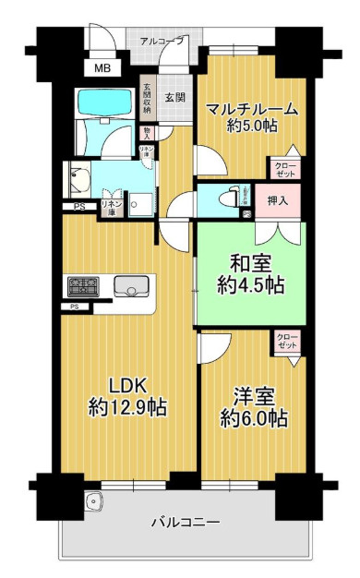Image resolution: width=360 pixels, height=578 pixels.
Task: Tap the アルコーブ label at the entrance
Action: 162,42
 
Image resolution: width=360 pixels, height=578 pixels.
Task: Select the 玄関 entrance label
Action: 175,96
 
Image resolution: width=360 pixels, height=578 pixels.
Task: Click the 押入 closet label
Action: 277,199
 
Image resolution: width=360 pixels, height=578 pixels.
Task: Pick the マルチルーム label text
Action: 251,109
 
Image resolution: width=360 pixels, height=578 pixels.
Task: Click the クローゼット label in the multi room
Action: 284,169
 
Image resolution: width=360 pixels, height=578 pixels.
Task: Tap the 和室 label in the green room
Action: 248,260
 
